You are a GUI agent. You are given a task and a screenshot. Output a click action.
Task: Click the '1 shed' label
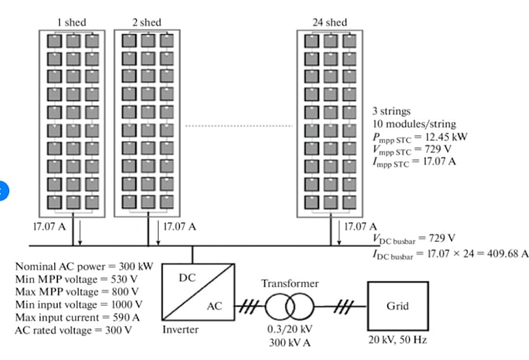72,23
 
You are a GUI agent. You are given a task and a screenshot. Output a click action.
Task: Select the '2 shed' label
146,23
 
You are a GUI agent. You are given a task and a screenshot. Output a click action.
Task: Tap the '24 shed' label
330,23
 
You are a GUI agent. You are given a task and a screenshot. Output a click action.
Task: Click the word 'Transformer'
290,284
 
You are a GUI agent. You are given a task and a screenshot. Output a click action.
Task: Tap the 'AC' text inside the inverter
215,307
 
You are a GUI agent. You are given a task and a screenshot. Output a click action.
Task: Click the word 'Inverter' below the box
180,330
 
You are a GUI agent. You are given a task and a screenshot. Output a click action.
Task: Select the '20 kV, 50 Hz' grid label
398,340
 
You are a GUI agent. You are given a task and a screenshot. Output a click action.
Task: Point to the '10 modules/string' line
414,124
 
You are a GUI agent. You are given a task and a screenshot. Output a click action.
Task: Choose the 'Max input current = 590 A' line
76,317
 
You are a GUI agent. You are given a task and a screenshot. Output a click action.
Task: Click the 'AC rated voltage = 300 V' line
74,330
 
